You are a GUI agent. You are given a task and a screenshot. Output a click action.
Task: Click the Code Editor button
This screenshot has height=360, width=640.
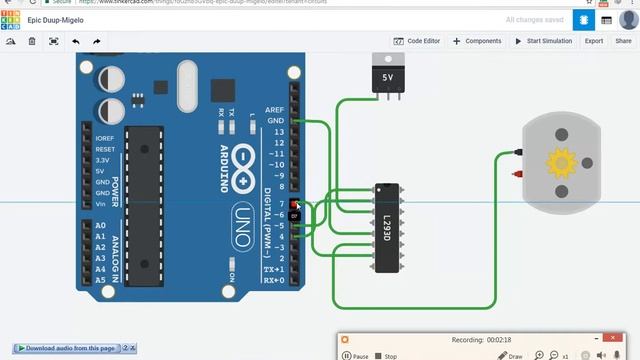(417, 41)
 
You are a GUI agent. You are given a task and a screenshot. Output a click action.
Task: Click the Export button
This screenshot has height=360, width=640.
(594, 41)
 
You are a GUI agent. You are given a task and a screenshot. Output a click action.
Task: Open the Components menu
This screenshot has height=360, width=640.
(477, 41)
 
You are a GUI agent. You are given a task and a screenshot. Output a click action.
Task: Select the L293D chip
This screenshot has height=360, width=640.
(388, 226)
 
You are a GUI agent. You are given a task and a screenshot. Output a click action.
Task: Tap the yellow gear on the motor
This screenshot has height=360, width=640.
(561, 161)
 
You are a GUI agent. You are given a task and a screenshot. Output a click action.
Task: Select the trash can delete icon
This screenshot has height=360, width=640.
(32, 41)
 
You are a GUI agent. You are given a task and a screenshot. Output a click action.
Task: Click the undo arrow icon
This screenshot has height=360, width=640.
(76, 41)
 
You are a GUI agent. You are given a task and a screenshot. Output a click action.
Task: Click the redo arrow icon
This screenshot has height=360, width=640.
(97, 41)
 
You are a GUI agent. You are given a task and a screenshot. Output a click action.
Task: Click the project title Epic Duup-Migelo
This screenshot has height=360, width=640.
(57, 19)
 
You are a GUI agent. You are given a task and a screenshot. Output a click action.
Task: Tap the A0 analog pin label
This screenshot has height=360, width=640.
(100, 226)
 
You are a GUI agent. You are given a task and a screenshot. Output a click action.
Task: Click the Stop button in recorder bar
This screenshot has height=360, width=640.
(386, 356)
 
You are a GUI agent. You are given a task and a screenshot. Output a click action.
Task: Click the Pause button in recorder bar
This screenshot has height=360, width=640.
(356, 356)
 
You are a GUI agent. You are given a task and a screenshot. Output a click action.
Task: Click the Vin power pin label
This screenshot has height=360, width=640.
(101, 204)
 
